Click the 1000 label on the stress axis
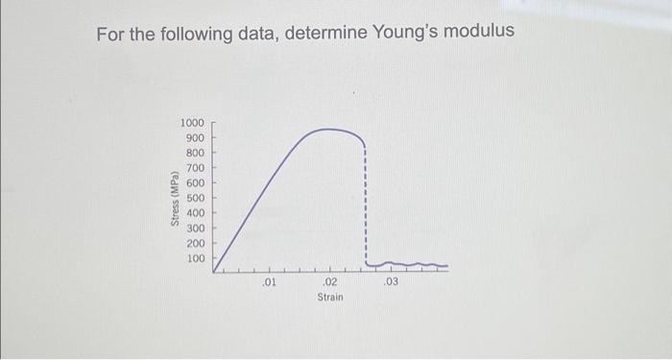click(x=192, y=124)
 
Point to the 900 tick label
click(x=195, y=138)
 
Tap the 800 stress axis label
click(x=195, y=154)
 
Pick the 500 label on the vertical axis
click(x=195, y=198)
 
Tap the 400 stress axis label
click(x=195, y=213)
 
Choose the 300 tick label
click(x=195, y=228)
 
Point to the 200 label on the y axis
click(x=195, y=244)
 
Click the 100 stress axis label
click(x=195, y=259)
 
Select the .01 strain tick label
click(x=270, y=283)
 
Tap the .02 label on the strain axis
click(x=329, y=283)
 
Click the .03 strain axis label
click(x=390, y=283)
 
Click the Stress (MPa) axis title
click(x=174, y=199)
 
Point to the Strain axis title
click(x=330, y=299)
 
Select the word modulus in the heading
click(x=476, y=33)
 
